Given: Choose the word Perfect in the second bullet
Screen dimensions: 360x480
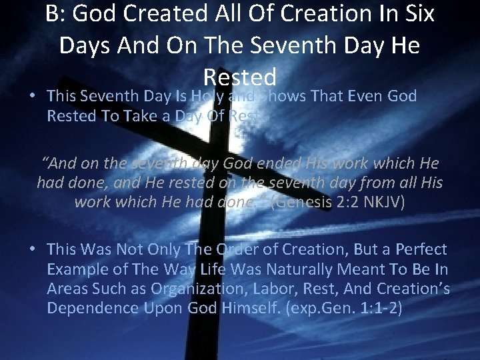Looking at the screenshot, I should (419, 250).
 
